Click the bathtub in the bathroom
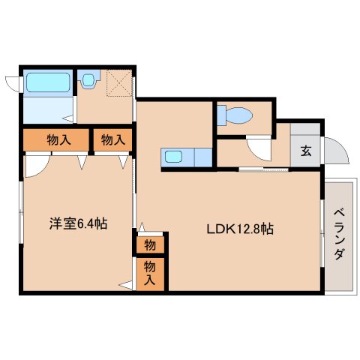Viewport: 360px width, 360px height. coord(47,82)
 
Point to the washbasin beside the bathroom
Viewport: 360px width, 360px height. coord(90,78)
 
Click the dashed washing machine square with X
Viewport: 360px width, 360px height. coord(117,84)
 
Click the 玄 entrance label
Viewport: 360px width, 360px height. coord(306,151)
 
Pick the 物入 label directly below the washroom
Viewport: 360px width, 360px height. coord(112,139)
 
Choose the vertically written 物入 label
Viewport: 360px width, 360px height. coord(150,273)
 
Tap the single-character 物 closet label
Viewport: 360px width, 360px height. coord(150,244)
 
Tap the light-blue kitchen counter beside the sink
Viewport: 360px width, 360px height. coord(200,157)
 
